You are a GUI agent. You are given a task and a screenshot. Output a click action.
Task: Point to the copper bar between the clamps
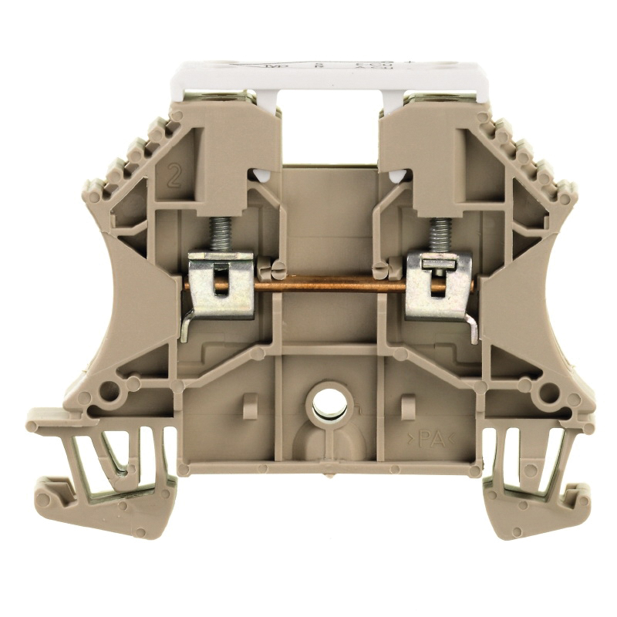click(332, 285)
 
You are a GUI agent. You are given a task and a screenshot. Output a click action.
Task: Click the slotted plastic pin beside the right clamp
click(380, 269)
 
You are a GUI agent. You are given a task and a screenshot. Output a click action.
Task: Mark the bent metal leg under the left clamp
click(187, 328)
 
